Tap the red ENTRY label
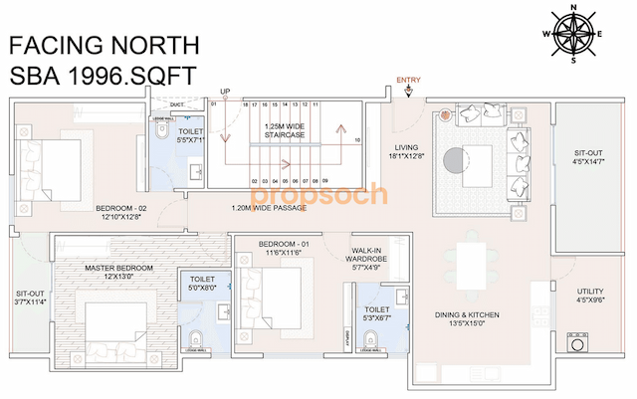click(408, 80)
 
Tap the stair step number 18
click(244, 103)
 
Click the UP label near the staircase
click(226, 93)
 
